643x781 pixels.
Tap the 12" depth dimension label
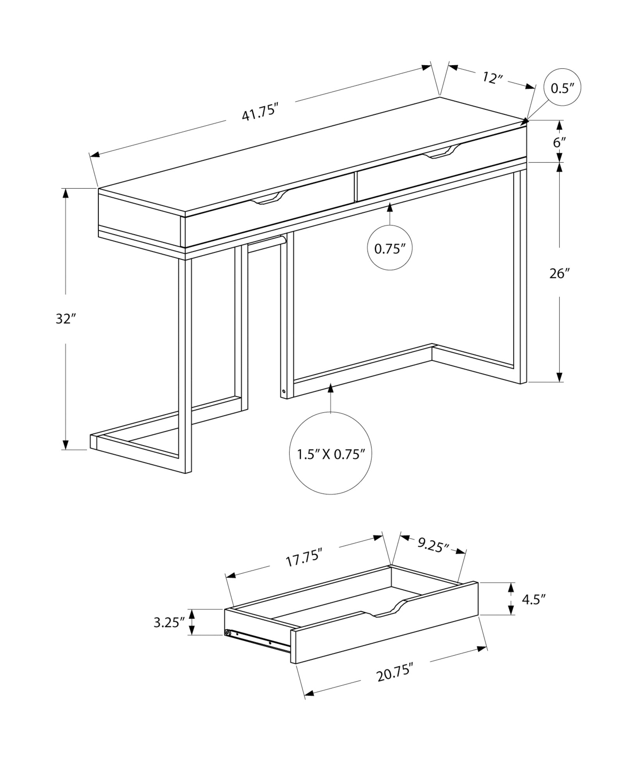point(492,78)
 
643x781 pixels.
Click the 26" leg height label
point(560,274)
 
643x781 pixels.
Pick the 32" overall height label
point(65,319)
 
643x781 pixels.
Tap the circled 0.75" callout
point(390,248)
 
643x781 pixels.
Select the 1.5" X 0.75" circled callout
point(331,454)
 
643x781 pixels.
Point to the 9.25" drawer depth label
point(433,545)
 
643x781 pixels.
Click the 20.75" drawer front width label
point(394,674)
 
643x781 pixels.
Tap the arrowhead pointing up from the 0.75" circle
point(389,208)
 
